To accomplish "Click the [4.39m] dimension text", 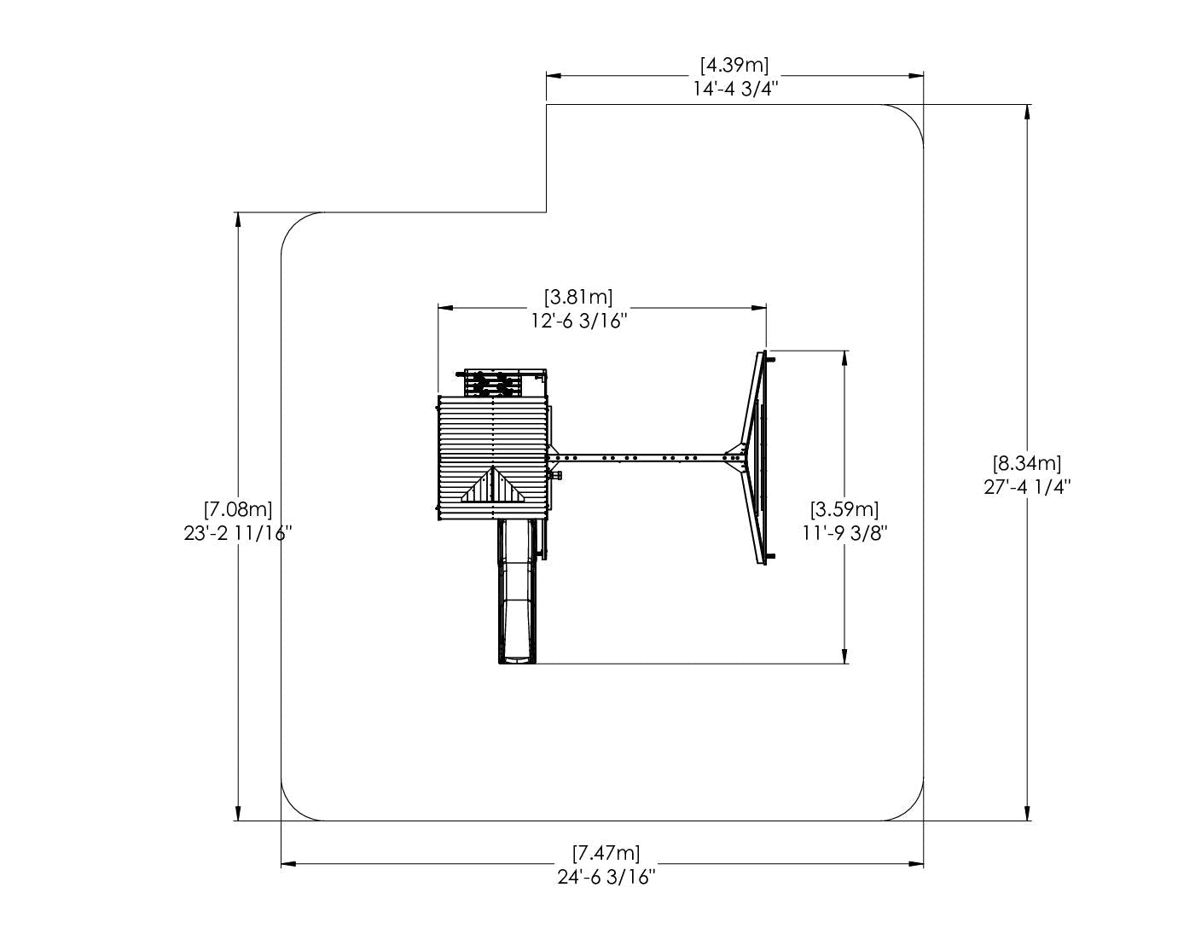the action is pos(734,65).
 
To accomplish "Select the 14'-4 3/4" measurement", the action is pos(735,89).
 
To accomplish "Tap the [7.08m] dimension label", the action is pos(238,509).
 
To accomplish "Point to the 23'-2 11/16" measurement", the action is pos(238,533).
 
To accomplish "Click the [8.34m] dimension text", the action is pos(1027,462).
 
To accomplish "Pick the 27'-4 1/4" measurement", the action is pos(1027,486).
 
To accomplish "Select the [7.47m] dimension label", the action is pos(606,853).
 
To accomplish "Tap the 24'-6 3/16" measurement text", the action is pos(606,877).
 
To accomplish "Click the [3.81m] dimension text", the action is pos(578,298).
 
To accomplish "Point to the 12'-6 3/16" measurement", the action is pos(579,321).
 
